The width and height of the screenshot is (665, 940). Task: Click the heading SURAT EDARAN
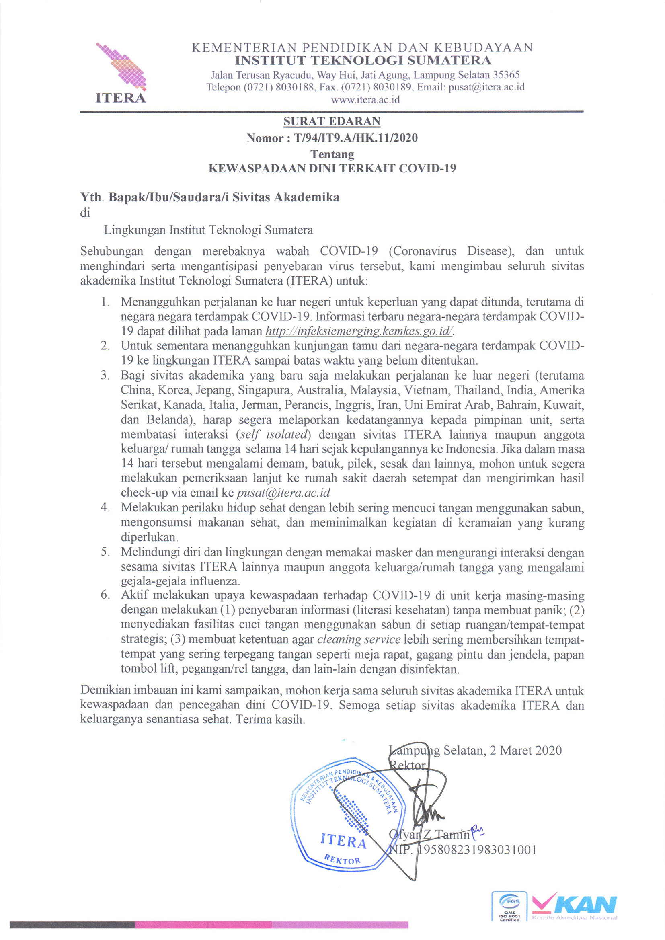[332, 121]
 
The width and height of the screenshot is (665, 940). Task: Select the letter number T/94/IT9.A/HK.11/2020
[355, 138]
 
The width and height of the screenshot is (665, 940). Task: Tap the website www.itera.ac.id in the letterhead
[365, 99]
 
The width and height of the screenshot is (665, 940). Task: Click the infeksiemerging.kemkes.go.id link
[359, 331]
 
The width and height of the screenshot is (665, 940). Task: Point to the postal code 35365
[506, 75]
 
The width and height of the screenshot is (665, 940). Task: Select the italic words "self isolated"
[273, 434]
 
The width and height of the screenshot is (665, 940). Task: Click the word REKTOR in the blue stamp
[342, 859]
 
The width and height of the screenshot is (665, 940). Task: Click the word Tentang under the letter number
[332, 154]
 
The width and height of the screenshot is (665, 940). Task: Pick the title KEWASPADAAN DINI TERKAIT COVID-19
[332, 168]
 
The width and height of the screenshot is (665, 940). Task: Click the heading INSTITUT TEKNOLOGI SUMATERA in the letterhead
[363, 61]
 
